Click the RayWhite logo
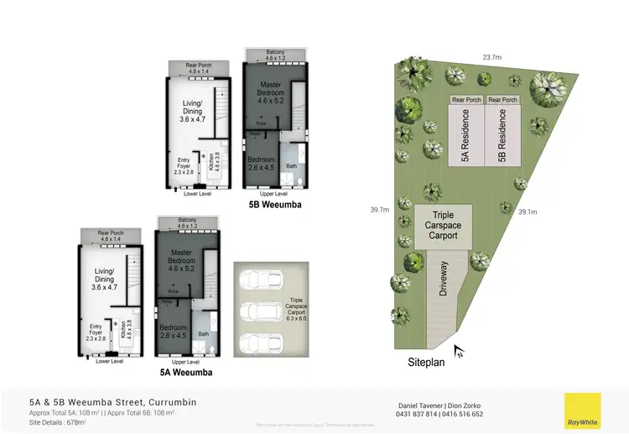point(582,410)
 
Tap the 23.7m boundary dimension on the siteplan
point(492,58)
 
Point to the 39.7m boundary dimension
point(379,210)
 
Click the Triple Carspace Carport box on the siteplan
point(444,225)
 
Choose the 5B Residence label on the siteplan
point(502,139)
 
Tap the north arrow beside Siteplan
point(459,351)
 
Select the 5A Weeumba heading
point(185,372)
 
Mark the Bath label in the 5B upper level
point(291,166)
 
